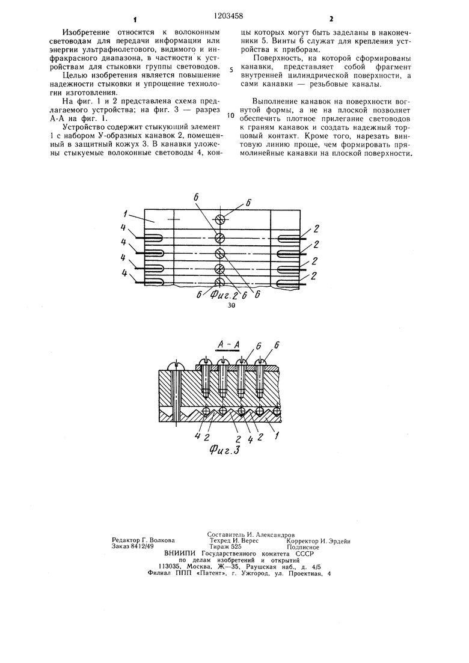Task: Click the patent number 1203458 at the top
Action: [x=231, y=7]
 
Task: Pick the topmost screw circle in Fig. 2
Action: [x=220, y=219]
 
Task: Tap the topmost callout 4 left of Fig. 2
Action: [x=124, y=229]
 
